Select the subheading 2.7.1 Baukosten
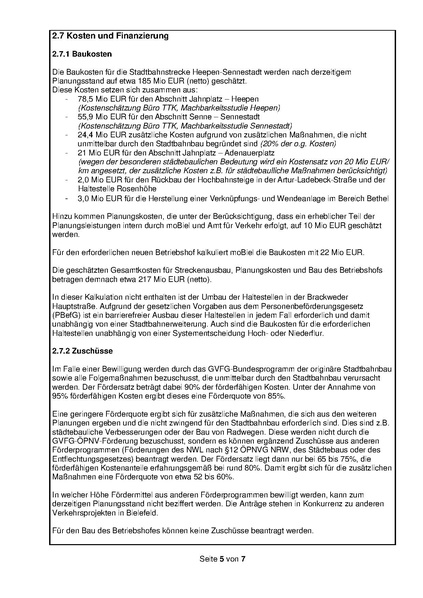pyautogui.click(x=85, y=59)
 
